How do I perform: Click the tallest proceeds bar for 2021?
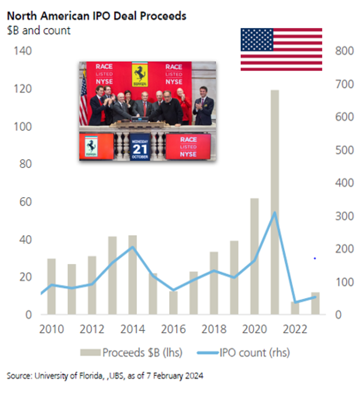275,202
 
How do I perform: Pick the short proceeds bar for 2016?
173,303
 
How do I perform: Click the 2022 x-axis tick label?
295,329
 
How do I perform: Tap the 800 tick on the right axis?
345,51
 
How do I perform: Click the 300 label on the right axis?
345,216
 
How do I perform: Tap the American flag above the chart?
281,49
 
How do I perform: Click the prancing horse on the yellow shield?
140,74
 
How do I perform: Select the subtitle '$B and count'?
39,30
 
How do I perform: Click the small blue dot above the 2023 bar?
315,259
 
